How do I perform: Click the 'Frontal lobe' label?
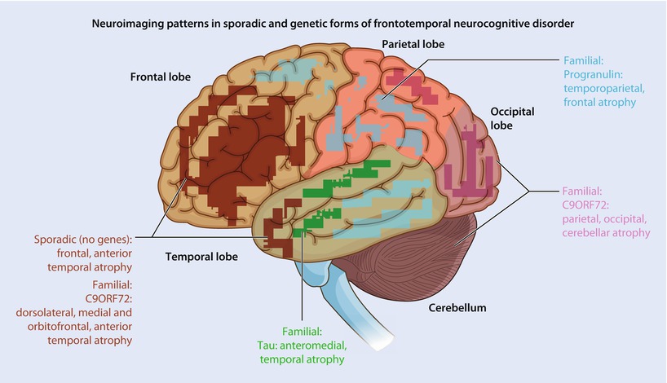tap(161, 77)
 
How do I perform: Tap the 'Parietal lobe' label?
tap(413, 44)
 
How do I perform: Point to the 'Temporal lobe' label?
tap(201, 256)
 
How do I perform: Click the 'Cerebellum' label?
tap(459, 308)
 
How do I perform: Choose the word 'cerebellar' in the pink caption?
tap(586, 232)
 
